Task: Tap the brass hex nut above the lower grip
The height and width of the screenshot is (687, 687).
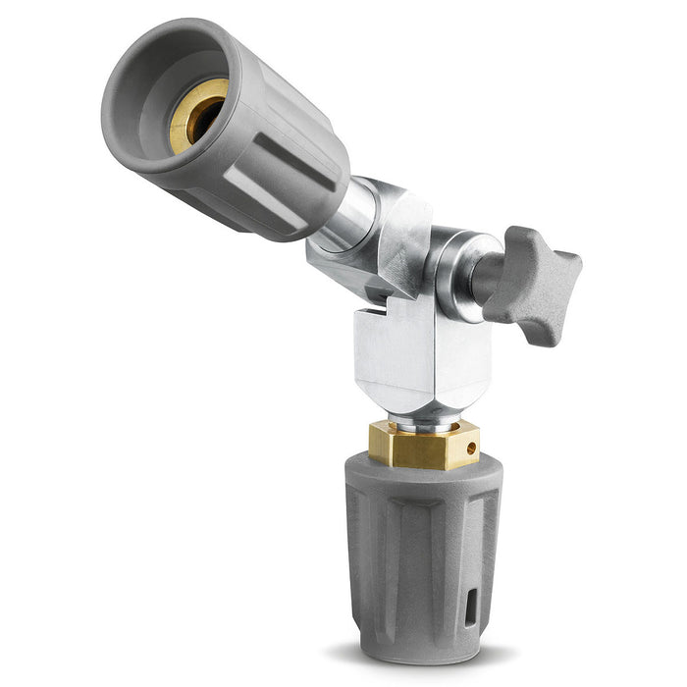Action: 422,446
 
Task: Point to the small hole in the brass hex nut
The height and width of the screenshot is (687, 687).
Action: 472,449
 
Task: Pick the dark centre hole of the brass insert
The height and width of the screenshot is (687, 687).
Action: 203,117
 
